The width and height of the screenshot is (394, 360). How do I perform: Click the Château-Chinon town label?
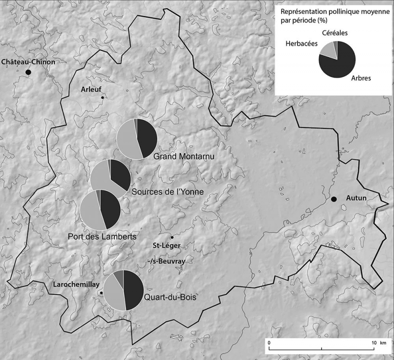coord(28,62)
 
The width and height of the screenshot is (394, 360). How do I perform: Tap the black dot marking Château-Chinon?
coord(29,72)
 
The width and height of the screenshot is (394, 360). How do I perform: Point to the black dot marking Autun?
coord(334,199)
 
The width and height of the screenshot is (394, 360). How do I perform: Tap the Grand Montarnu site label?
coord(186,157)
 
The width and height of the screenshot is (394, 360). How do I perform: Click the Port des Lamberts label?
coord(101,237)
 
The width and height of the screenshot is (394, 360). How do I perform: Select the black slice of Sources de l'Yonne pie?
coord(121,174)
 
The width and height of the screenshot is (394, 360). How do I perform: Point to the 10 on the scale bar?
coord(373,342)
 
